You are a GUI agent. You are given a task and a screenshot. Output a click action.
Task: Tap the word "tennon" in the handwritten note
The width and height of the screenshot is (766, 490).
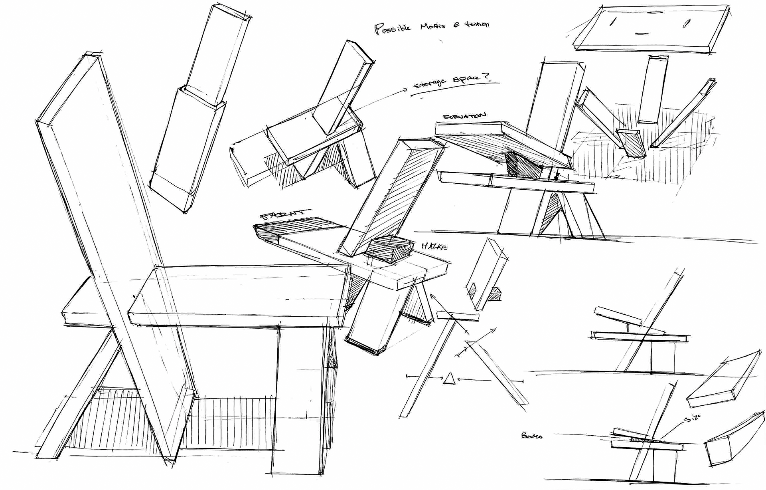click(476, 25)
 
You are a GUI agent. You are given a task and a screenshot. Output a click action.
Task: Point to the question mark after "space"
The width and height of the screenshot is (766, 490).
click(487, 77)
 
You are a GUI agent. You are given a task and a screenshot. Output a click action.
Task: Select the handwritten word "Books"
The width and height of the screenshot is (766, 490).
click(531, 436)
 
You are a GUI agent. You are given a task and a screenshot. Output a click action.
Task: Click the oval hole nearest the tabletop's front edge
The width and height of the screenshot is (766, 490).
click(641, 34)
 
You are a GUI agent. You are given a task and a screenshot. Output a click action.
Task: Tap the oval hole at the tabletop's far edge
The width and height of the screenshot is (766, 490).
click(652, 12)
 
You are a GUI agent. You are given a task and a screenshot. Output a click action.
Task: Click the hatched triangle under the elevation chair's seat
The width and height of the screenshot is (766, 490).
click(552, 209)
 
